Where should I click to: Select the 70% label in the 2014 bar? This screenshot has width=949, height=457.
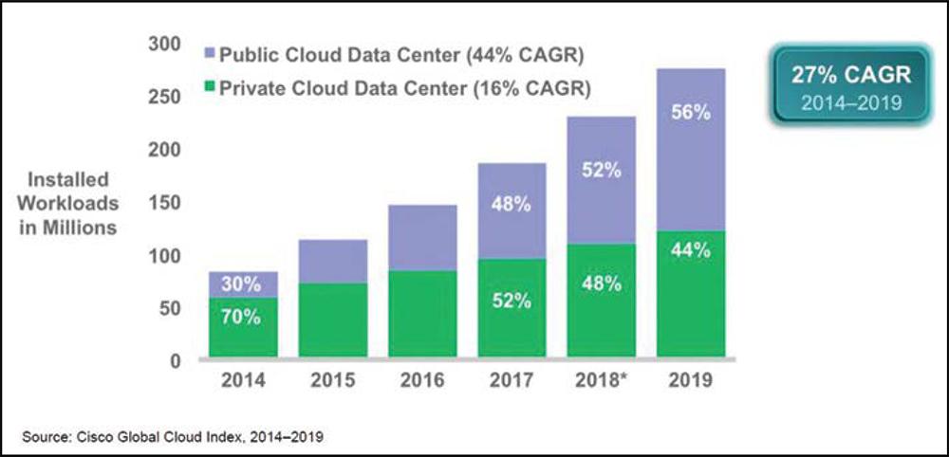(x=242, y=318)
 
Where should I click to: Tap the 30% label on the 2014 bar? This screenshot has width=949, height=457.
(x=242, y=283)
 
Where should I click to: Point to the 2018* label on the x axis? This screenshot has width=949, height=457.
(x=601, y=381)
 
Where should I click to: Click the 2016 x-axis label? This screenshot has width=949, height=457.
(x=421, y=381)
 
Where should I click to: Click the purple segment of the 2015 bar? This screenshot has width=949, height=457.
(x=332, y=261)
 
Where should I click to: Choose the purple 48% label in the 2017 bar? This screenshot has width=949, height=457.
(x=511, y=204)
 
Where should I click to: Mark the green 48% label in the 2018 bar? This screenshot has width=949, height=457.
(x=600, y=283)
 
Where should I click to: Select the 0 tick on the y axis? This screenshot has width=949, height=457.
(x=175, y=361)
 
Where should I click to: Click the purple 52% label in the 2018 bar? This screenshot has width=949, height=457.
(x=600, y=171)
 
